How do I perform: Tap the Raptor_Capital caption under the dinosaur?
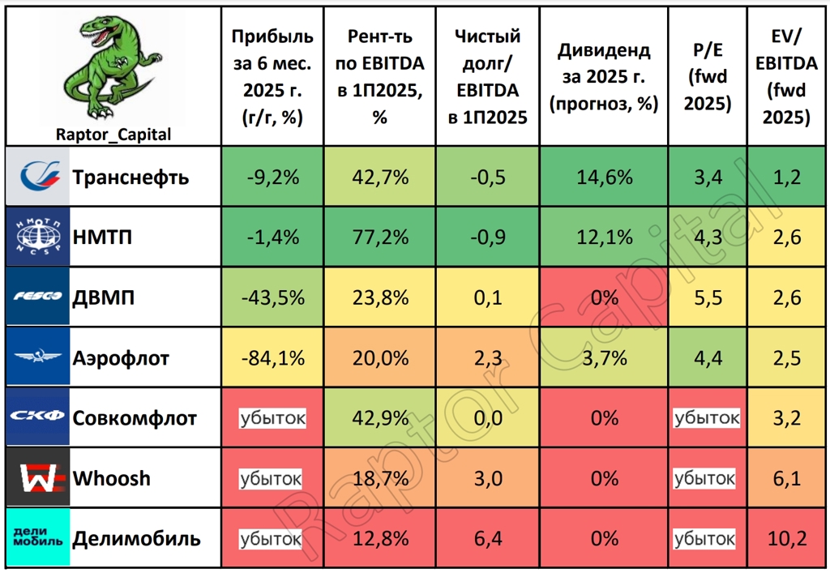[113, 135]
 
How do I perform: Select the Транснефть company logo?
[39, 177]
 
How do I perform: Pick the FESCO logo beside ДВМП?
[38, 297]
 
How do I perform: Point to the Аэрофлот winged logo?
[38, 357]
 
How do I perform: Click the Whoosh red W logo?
[38, 477]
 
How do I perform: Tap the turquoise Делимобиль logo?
[38, 537]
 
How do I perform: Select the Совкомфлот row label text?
[135, 418]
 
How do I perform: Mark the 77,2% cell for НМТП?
[379, 237]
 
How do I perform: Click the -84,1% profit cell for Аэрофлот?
[272, 357]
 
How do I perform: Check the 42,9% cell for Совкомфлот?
[379, 418]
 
